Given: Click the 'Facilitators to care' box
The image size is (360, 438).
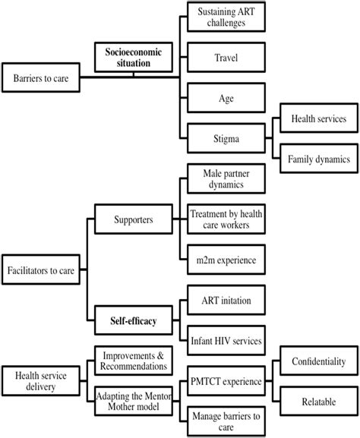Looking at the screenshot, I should point(43,268).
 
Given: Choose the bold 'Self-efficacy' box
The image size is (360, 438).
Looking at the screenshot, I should point(133,321).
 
